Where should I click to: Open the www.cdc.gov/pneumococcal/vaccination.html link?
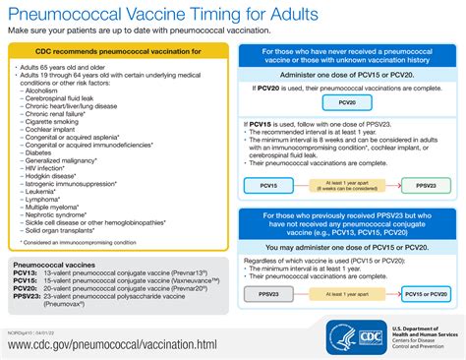(111, 344)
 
